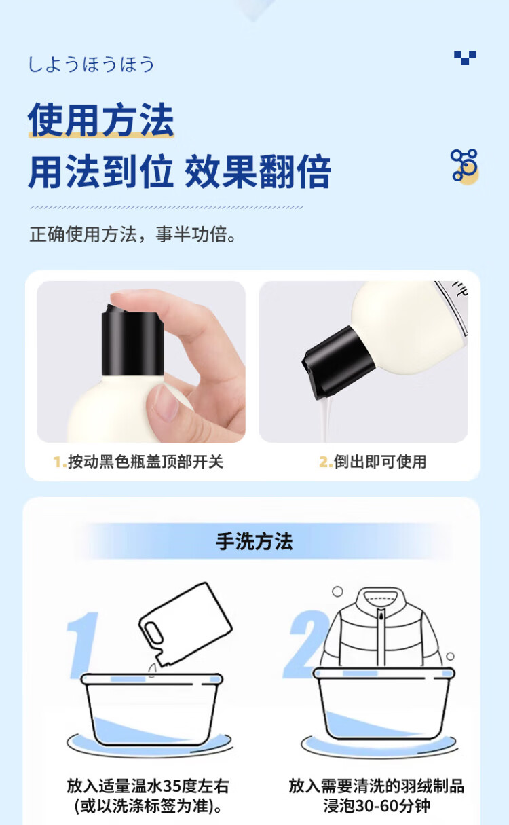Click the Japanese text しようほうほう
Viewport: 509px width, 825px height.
(91, 64)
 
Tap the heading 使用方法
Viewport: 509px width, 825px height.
(101, 120)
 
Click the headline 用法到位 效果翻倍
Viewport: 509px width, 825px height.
(180, 172)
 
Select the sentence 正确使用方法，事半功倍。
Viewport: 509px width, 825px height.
(132, 234)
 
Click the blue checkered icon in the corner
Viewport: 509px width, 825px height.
(465, 58)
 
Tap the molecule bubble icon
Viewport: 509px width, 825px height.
(465, 166)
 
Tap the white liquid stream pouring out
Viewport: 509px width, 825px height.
(326, 418)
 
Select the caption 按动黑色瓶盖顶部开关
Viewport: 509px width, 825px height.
(146, 462)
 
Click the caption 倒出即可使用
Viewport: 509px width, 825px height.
(380, 462)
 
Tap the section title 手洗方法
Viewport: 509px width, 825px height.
(254, 541)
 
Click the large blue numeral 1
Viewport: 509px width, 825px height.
(82, 644)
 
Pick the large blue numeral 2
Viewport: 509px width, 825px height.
(305, 644)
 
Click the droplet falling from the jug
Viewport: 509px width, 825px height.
(151, 670)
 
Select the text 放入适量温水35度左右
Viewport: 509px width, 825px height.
(148, 786)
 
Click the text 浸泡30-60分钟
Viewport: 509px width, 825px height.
(377, 805)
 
